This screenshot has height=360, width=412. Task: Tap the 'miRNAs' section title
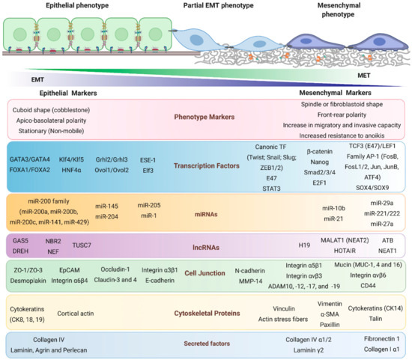[207, 213]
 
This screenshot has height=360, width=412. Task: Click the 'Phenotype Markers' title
[207, 116]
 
